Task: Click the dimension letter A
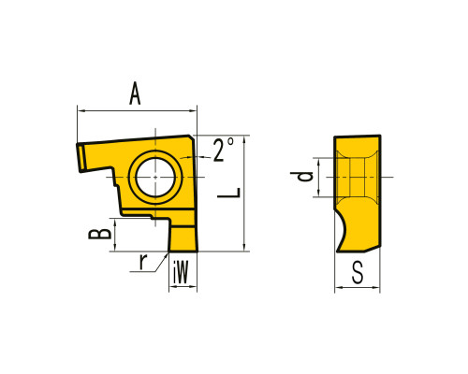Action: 135,93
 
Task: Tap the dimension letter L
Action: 229,193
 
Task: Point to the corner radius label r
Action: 143,262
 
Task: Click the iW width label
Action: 181,272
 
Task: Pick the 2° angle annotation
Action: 223,150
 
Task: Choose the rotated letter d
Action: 301,177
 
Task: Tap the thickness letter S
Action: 358,272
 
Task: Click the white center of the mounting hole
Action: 155,177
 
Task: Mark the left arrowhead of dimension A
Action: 80,110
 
